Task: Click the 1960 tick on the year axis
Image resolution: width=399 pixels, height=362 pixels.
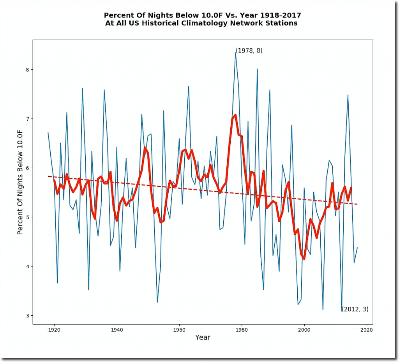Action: click(179, 330)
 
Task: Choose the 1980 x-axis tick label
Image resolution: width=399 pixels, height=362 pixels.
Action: click(242, 330)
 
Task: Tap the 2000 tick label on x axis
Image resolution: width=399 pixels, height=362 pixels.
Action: click(304, 330)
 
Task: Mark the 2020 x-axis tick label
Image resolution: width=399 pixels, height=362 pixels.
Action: click(367, 330)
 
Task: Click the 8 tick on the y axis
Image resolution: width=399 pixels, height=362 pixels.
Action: click(27, 70)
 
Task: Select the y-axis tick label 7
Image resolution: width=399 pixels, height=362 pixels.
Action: click(27, 119)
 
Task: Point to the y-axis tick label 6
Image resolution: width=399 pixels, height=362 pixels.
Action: click(27, 168)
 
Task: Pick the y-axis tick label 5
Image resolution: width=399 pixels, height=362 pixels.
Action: click(27, 217)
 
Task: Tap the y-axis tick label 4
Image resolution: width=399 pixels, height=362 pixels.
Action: click(27, 266)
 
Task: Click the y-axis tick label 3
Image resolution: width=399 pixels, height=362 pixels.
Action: click(27, 316)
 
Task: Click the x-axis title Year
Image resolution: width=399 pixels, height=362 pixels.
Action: click(203, 337)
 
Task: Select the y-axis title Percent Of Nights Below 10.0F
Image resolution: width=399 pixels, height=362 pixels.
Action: click(20, 182)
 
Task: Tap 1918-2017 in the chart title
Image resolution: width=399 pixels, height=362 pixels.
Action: click(283, 15)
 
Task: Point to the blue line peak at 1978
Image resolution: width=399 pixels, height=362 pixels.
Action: click(235, 52)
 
